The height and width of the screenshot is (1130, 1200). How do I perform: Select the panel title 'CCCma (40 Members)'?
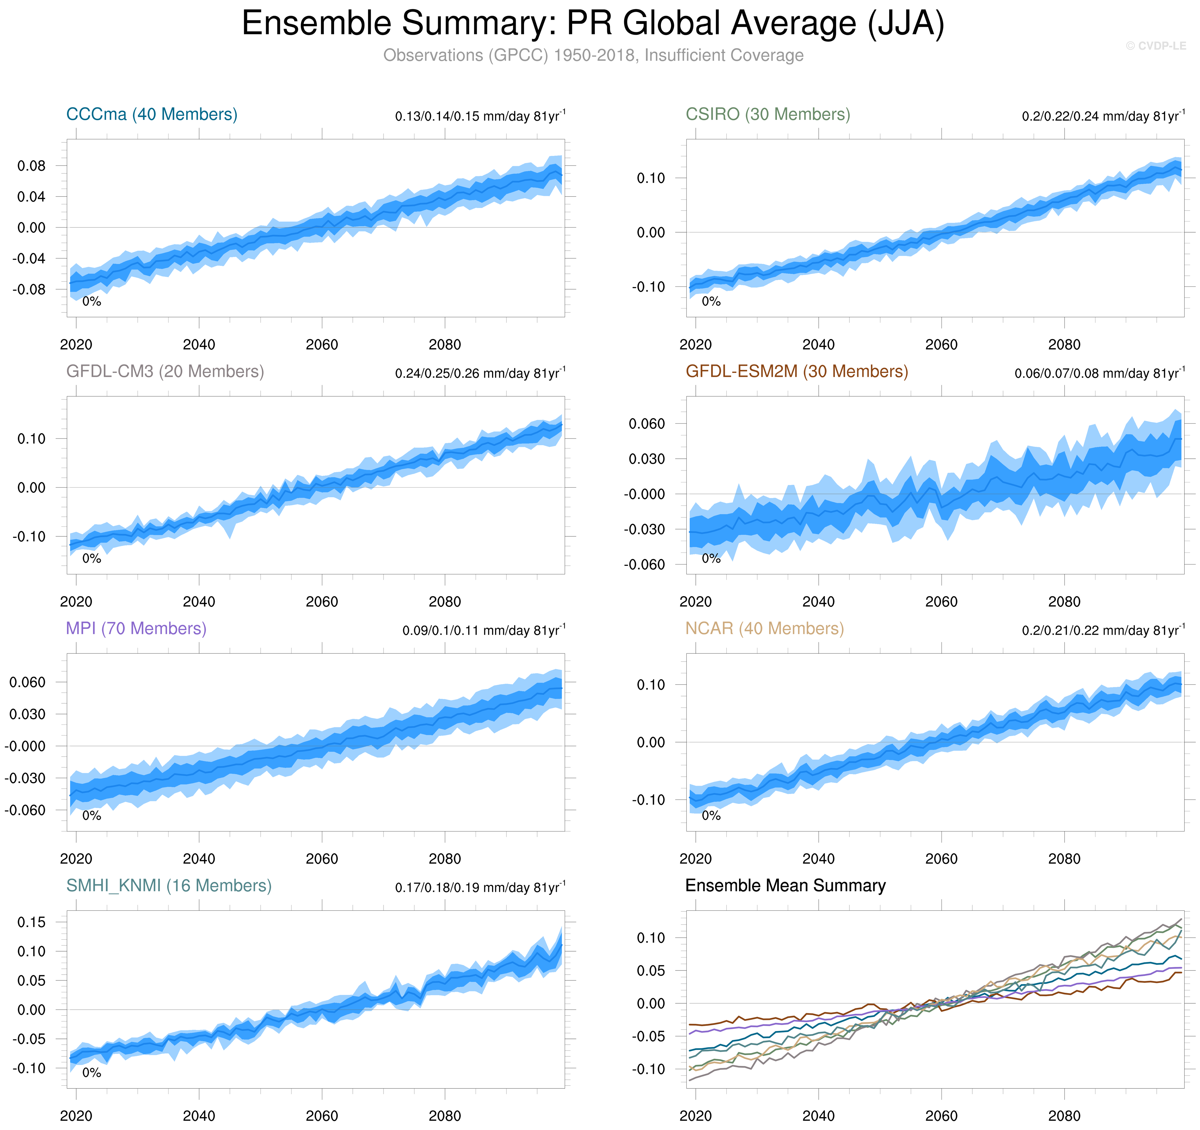pyautogui.click(x=151, y=114)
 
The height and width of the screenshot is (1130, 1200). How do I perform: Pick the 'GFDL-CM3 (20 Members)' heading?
pyautogui.click(x=165, y=371)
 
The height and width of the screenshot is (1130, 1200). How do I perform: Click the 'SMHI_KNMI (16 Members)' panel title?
pyautogui.click(x=169, y=886)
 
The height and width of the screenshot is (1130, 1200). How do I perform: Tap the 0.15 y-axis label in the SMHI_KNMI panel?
pyautogui.click(x=31, y=922)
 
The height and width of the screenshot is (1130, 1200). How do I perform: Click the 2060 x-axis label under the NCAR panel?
pyautogui.click(x=941, y=859)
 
